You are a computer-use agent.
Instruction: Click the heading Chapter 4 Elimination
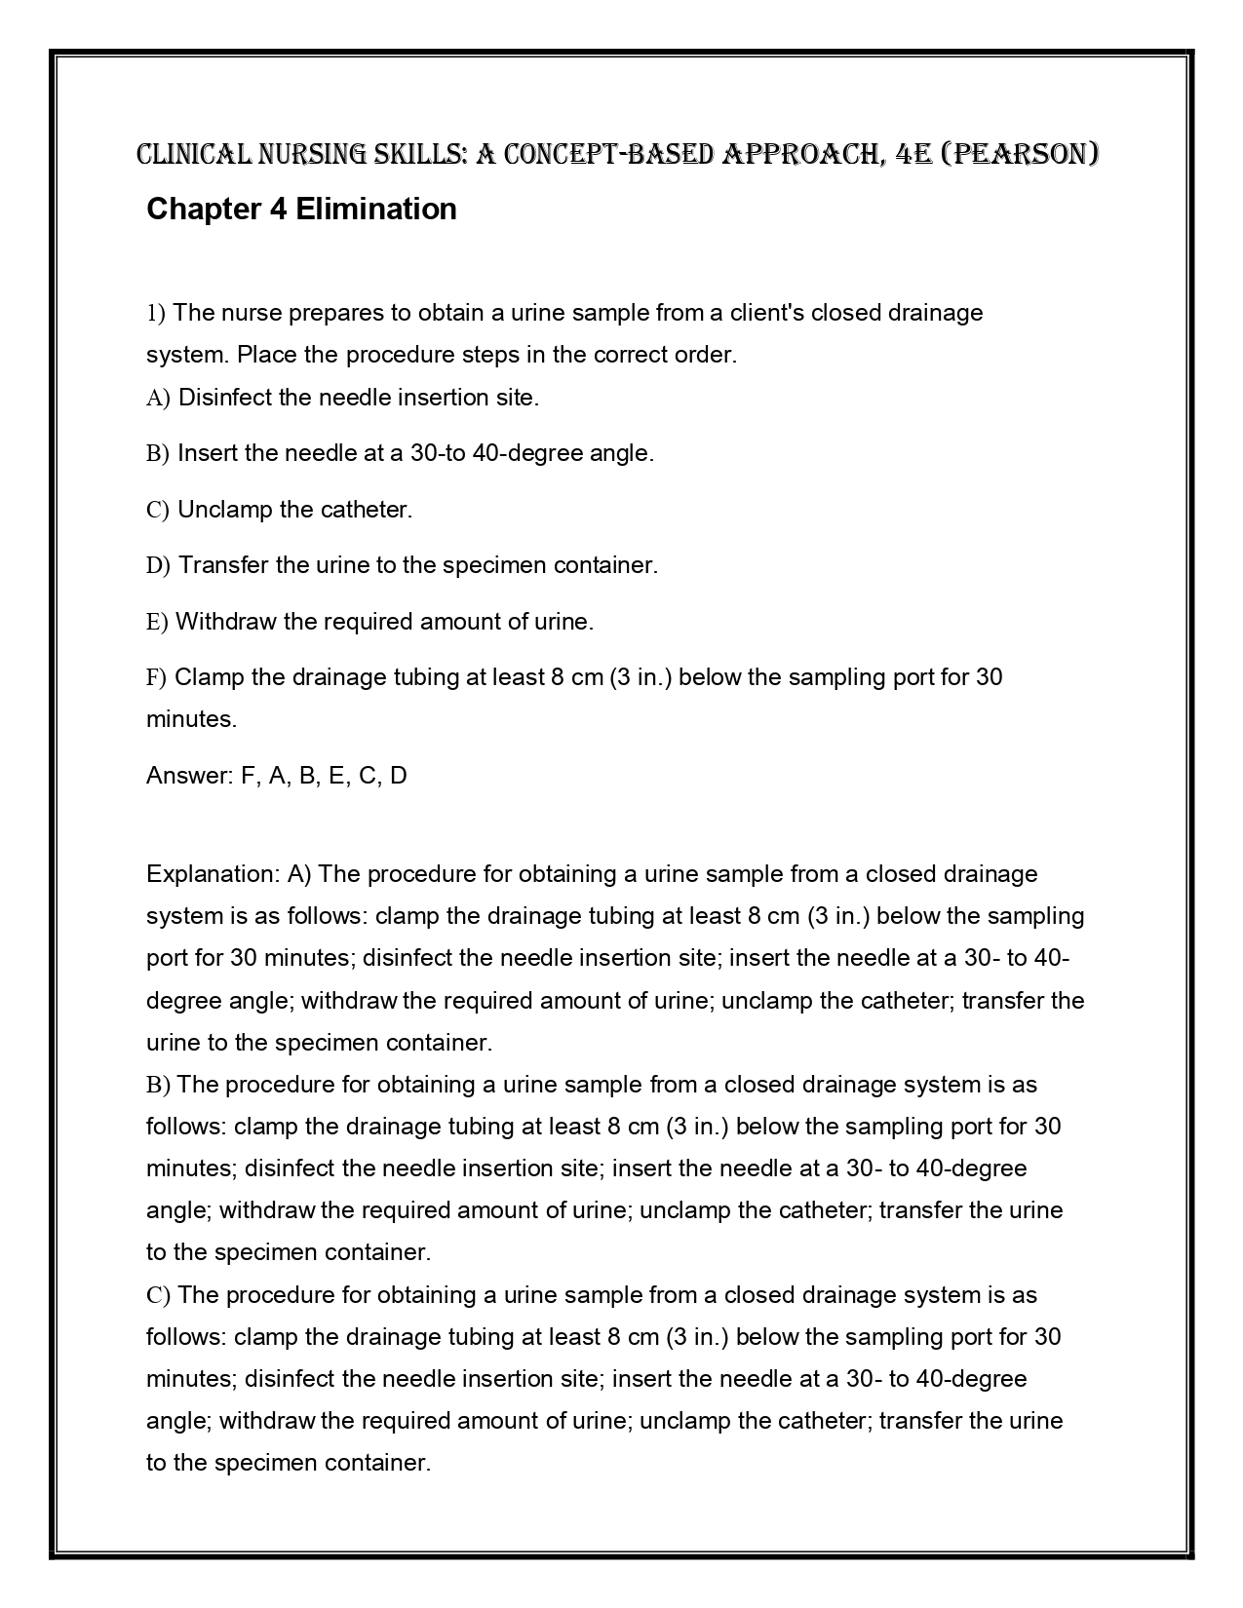pyautogui.click(x=301, y=209)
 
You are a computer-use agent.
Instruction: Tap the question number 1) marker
pyautogui.click(x=156, y=313)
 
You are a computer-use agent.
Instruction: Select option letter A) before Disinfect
pyautogui.click(x=158, y=398)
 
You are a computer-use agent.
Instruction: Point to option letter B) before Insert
pyautogui.click(x=158, y=453)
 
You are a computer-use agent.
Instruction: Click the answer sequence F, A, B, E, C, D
pyautogui.click(x=324, y=776)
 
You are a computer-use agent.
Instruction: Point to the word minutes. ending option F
pyautogui.click(x=191, y=719)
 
